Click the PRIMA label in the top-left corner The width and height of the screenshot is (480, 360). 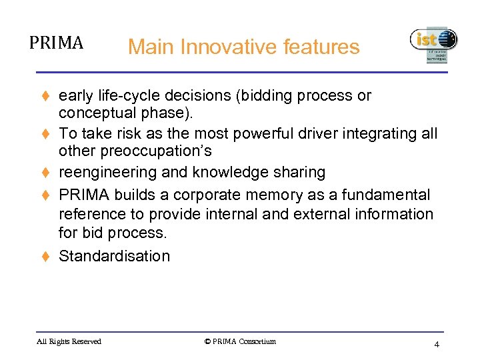pos(56,43)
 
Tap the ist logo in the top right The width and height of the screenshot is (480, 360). pos(433,44)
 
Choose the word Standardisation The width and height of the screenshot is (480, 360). pos(114,257)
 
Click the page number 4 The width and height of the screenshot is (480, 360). pos(436,345)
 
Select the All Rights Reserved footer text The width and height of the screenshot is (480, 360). pos(69,342)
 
